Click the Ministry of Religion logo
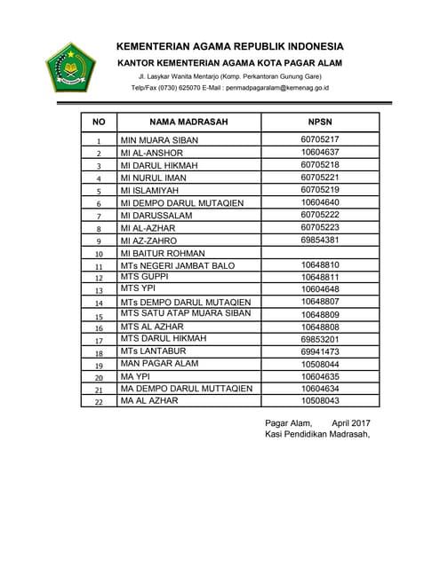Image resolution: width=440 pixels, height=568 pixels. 70,67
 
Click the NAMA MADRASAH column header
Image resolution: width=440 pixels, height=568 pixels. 188,122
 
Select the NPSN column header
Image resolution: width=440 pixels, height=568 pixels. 320,122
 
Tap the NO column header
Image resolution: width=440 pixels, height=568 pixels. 99,122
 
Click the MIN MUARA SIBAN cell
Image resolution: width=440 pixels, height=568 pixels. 159,140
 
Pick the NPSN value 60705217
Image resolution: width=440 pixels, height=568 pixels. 320,139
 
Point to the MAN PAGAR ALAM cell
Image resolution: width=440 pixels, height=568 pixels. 161,365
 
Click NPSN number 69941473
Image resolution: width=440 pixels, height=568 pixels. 320,352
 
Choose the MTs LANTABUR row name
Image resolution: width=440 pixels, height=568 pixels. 156,352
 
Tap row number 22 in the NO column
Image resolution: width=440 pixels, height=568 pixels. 99,402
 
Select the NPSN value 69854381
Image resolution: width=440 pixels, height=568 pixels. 320,240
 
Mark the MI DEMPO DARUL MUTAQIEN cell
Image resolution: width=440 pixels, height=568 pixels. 181,203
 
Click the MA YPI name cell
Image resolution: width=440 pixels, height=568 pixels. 139,376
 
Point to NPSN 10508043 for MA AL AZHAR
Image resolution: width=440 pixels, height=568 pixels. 320,401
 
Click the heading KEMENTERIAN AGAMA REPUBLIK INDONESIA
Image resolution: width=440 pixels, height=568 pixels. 229,46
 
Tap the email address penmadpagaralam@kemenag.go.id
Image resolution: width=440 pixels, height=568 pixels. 277,89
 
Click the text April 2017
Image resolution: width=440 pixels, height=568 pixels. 351,422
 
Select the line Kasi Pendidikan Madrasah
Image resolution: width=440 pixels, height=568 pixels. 317,434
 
